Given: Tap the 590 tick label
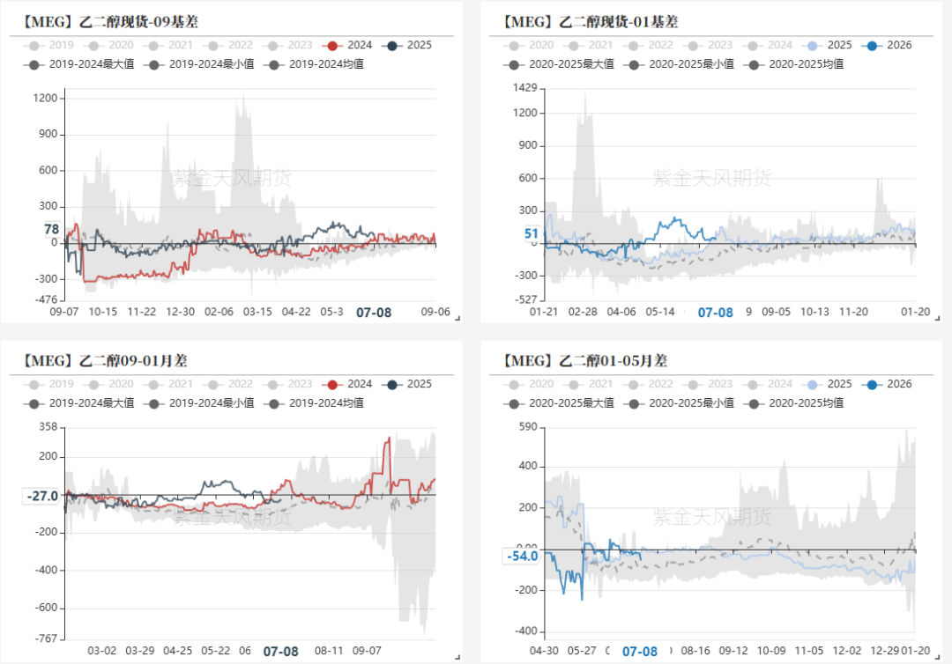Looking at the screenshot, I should tap(526, 427).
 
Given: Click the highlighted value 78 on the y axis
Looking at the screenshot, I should tap(51, 230).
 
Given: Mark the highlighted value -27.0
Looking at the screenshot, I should tap(42, 496).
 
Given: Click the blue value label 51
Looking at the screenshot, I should tap(531, 233).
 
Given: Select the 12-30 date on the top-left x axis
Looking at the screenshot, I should tap(181, 312).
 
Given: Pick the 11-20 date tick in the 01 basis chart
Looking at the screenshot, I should tap(853, 312).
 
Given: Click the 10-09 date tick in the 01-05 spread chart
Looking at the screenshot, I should tap(771, 651).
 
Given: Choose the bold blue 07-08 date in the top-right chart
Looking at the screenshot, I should tap(715, 312).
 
